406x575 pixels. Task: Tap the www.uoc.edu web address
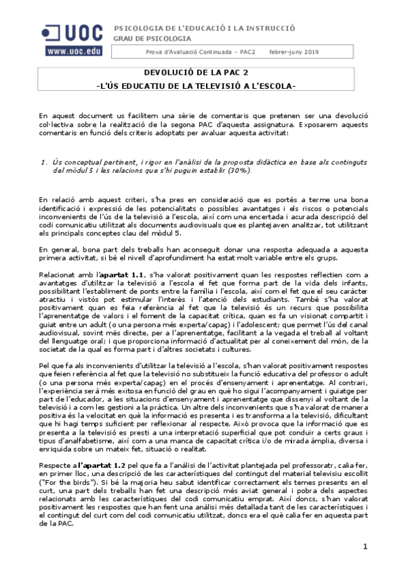74,51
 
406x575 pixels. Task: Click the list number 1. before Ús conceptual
44,162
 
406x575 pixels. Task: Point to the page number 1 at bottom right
365,547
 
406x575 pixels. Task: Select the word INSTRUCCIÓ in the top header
270,28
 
